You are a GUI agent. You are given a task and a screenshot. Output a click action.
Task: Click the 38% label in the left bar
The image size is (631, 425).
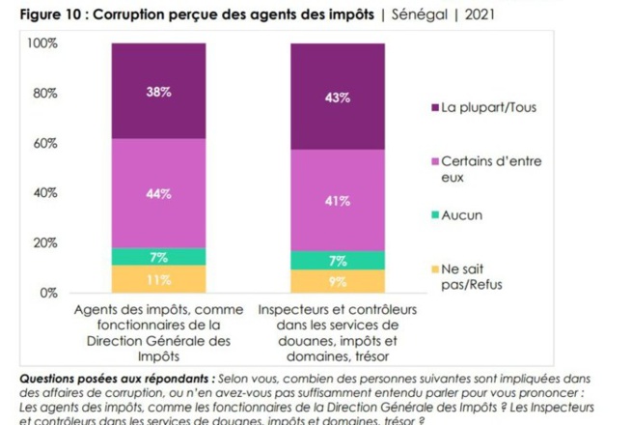159,92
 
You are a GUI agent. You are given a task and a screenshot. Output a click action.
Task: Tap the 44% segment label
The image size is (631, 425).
159,194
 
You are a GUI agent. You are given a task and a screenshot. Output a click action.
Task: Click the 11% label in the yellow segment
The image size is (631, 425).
159,280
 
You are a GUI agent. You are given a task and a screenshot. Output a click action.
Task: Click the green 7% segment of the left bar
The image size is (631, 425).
159,257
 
